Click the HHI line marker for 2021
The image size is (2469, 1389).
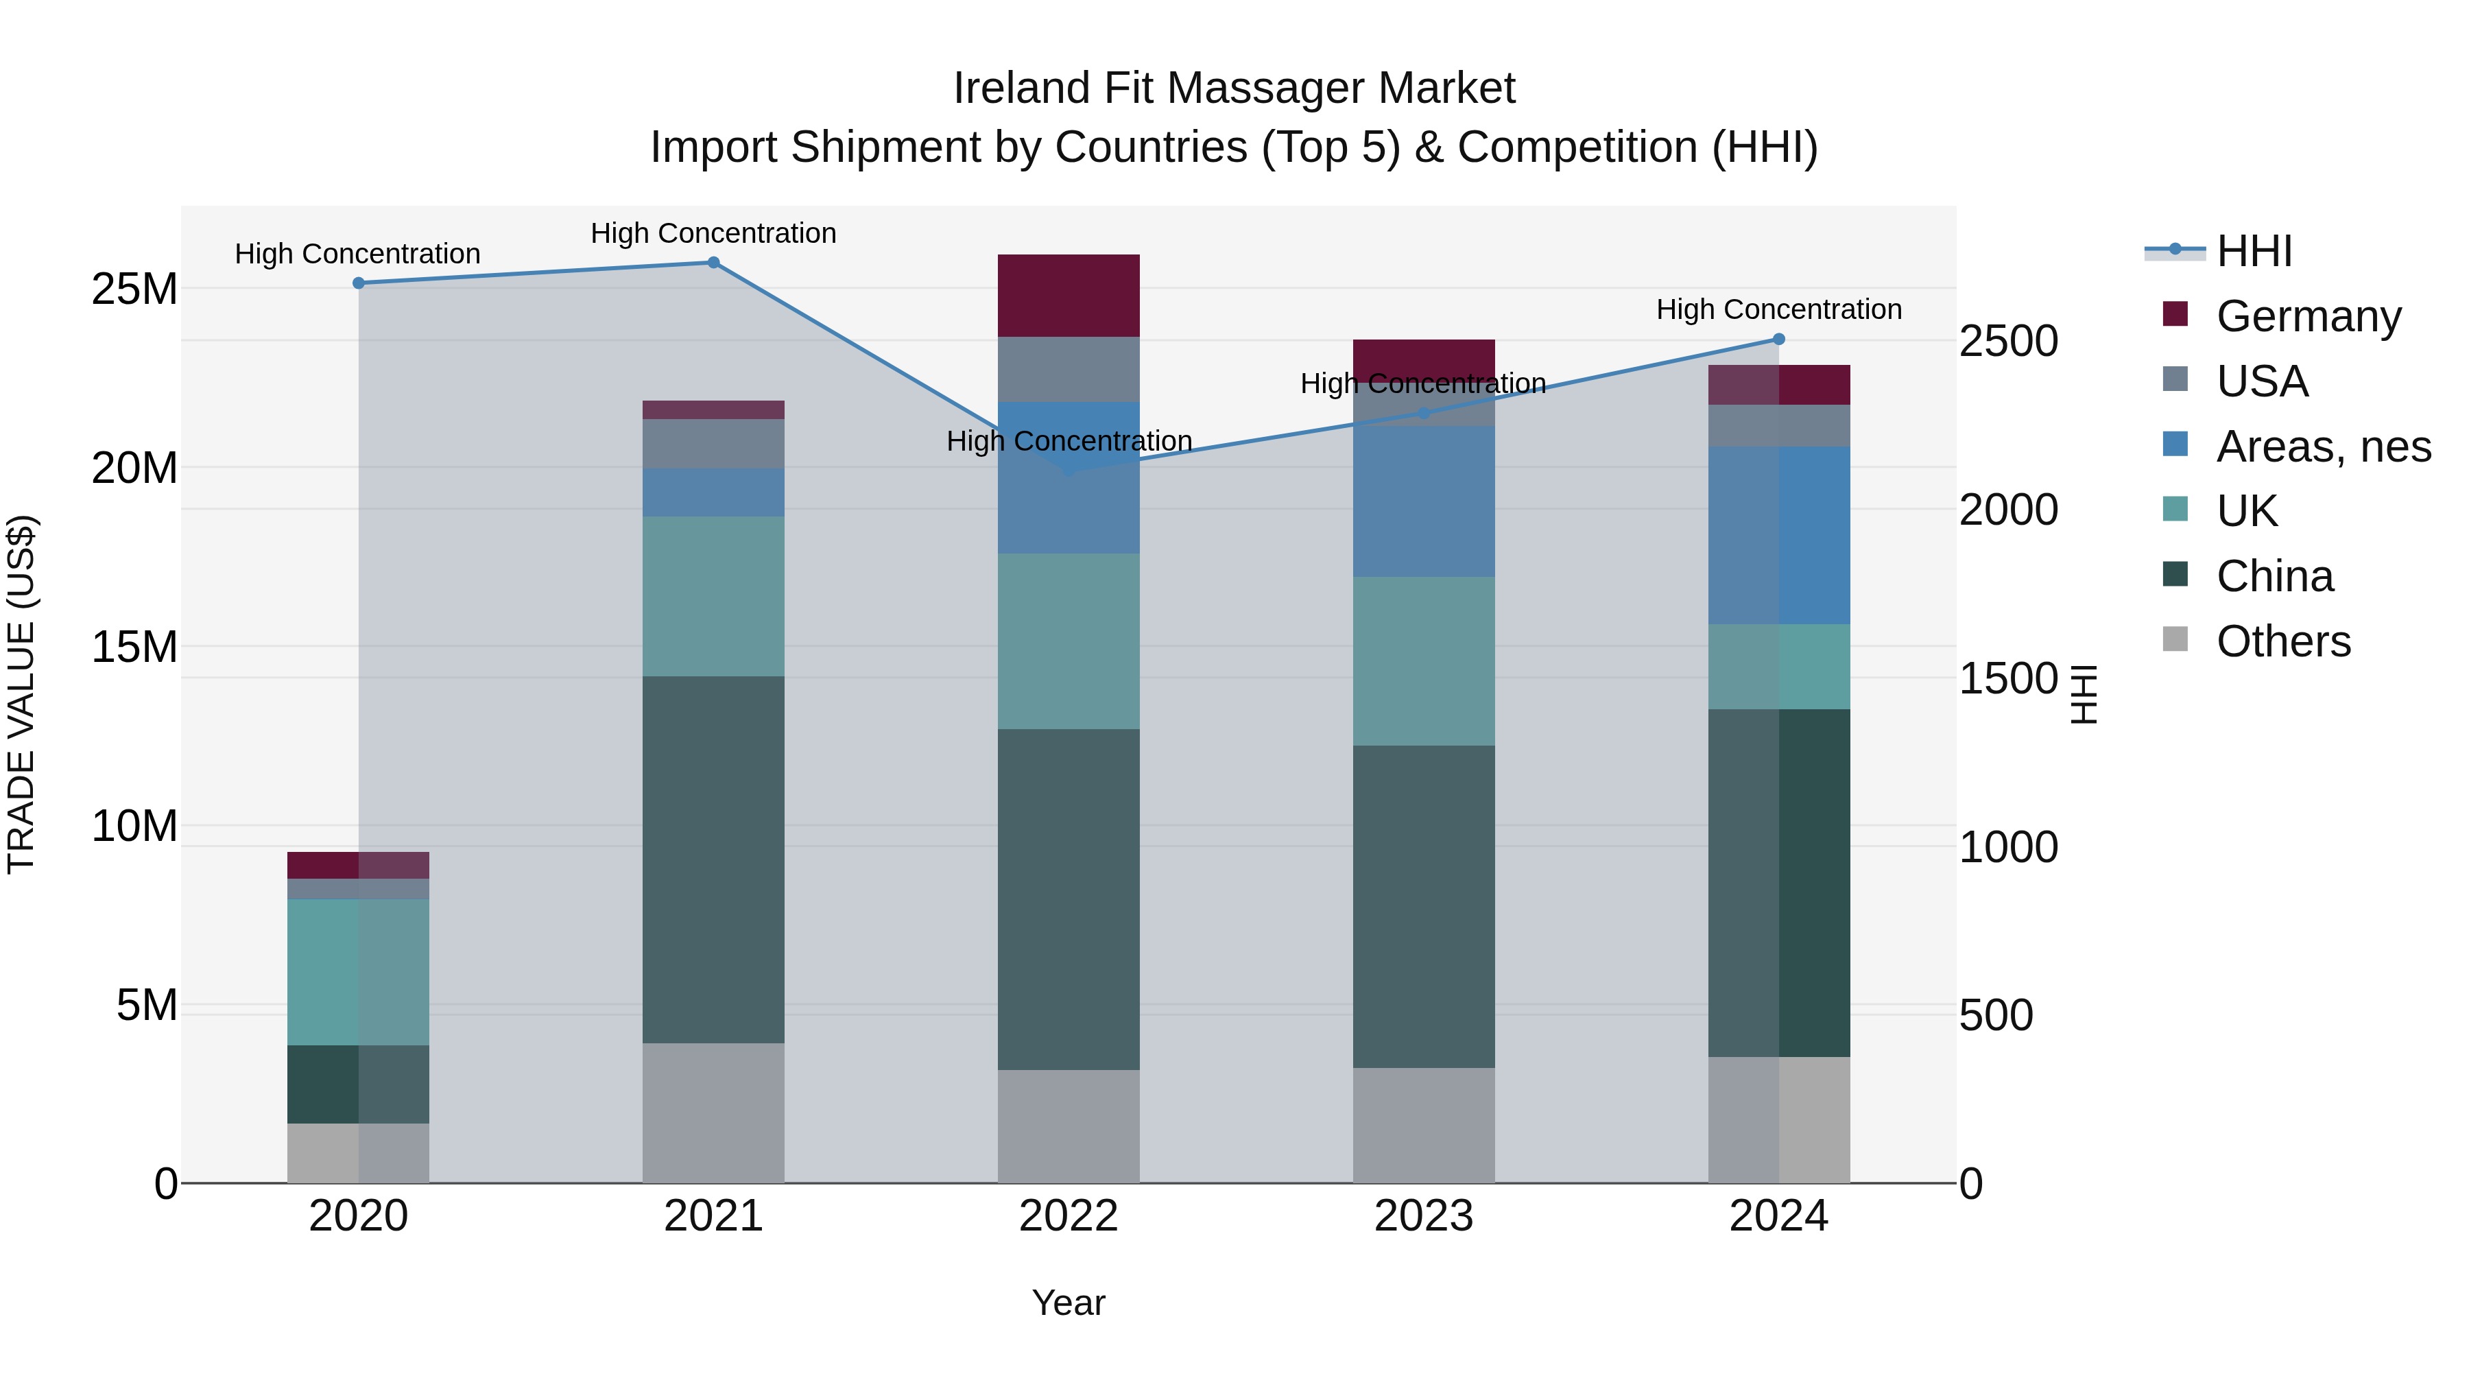coord(713,263)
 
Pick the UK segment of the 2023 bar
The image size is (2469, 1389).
coord(1423,661)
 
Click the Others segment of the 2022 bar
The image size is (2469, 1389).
coord(1068,1126)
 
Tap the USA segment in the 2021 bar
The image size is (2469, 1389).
coord(713,444)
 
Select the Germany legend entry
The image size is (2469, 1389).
coord(2308,316)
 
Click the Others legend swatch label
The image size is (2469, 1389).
coord(2283,641)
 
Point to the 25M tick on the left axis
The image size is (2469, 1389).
coord(134,289)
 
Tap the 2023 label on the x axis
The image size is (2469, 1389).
coord(1423,1216)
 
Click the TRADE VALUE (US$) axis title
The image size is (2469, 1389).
coord(21,694)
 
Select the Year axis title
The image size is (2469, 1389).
coord(1068,1303)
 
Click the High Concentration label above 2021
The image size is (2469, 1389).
coord(713,233)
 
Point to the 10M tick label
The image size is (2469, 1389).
coord(134,827)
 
